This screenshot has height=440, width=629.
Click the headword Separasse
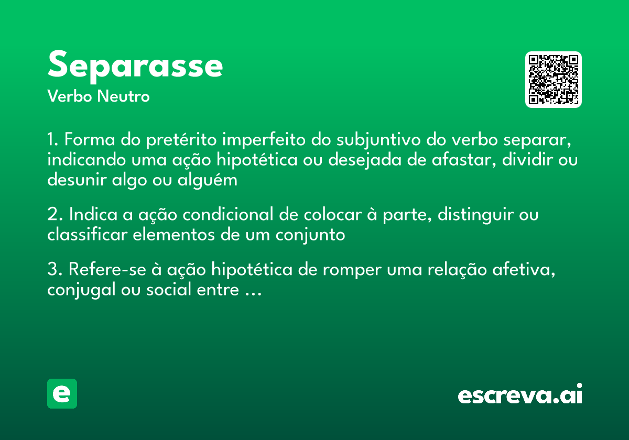135,65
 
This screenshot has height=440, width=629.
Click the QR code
553,80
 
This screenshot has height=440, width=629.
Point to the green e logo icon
62,393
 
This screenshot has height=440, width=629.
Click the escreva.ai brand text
520,395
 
